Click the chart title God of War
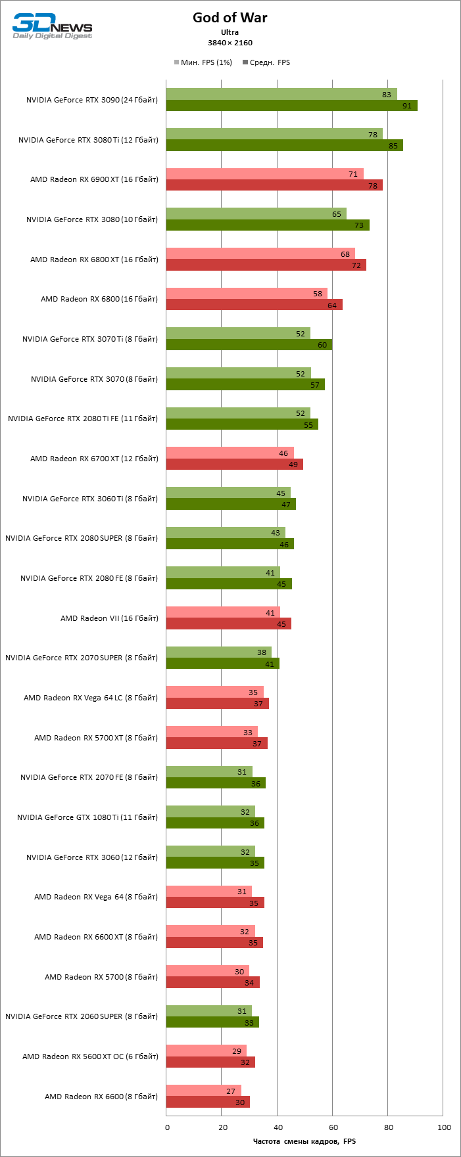click(230, 18)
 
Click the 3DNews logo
click(53, 26)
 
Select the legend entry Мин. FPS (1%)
click(203, 62)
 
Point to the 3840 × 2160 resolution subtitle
click(230, 43)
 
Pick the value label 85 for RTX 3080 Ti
click(393, 146)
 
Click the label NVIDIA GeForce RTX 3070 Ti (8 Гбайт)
click(90, 339)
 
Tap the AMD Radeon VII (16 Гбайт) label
click(109, 618)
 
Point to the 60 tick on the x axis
click(333, 1127)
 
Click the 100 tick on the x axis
click(445, 1127)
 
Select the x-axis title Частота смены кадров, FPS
click(304, 1141)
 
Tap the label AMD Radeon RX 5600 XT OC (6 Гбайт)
click(90, 1056)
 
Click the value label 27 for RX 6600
click(231, 1091)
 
